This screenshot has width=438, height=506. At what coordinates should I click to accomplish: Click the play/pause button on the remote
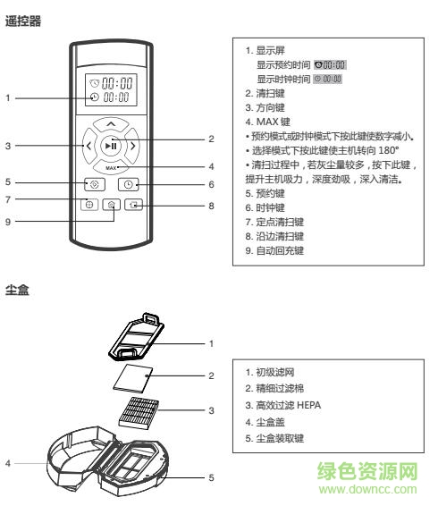pos(109,144)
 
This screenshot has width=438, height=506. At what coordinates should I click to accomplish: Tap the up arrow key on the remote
pos(109,122)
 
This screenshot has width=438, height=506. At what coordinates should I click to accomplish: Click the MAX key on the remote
pos(111,166)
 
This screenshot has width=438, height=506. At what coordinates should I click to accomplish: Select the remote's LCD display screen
pos(111,88)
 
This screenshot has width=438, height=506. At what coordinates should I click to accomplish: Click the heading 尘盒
pos(17,292)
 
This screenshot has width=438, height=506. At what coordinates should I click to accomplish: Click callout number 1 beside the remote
pos(8,97)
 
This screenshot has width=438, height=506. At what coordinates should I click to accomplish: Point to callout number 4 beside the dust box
pos(8,463)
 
